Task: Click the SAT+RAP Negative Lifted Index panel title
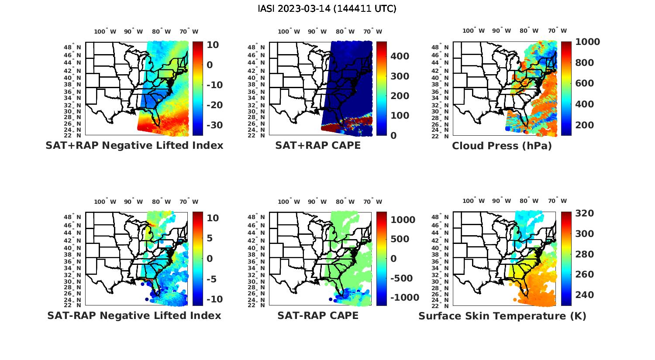click(x=134, y=146)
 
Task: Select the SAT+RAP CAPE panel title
click(x=318, y=146)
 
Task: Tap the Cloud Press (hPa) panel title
click(x=502, y=146)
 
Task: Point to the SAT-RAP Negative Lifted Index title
click(x=134, y=315)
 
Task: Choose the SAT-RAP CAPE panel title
click(x=318, y=315)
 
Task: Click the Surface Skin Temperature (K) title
click(x=502, y=316)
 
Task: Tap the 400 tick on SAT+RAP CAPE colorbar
click(x=400, y=56)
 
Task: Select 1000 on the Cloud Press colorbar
click(x=587, y=42)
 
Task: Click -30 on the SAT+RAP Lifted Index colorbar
click(x=214, y=125)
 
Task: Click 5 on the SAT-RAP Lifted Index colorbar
click(x=209, y=238)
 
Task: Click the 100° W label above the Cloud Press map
click(x=473, y=31)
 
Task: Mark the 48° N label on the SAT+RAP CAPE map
click(x=256, y=48)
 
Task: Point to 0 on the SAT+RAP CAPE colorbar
click(x=393, y=135)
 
